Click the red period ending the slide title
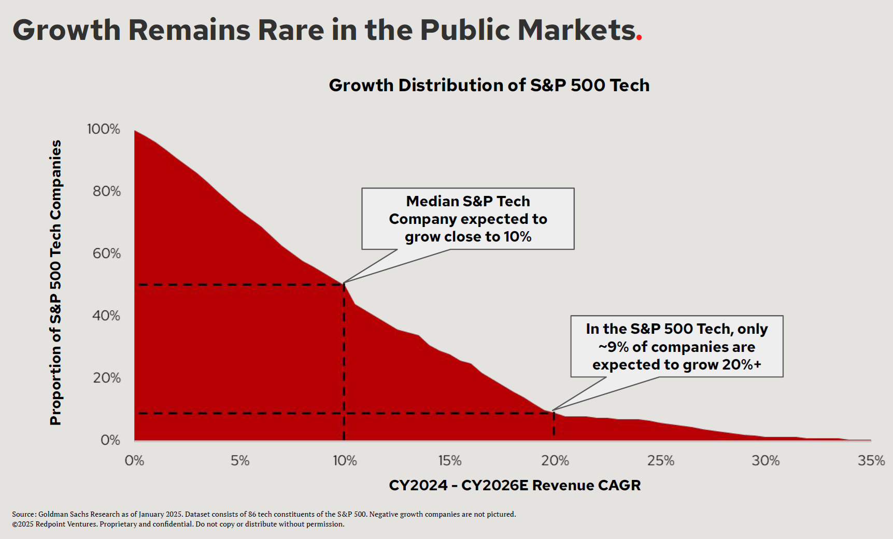[639, 37]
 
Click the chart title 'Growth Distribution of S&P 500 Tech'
[489, 85]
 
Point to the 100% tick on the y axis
[104, 129]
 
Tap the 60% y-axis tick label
[106, 253]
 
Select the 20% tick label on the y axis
[106, 378]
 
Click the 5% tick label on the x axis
[240, 461]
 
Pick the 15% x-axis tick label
[450, 461]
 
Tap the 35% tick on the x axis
[871, 461]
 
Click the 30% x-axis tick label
[766, 461]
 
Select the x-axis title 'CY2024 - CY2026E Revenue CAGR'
[515, 485]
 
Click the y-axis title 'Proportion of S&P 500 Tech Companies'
[55, 282]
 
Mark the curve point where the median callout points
[344, 283]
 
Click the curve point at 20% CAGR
[554, 412]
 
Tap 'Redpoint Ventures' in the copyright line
[66, 524]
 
